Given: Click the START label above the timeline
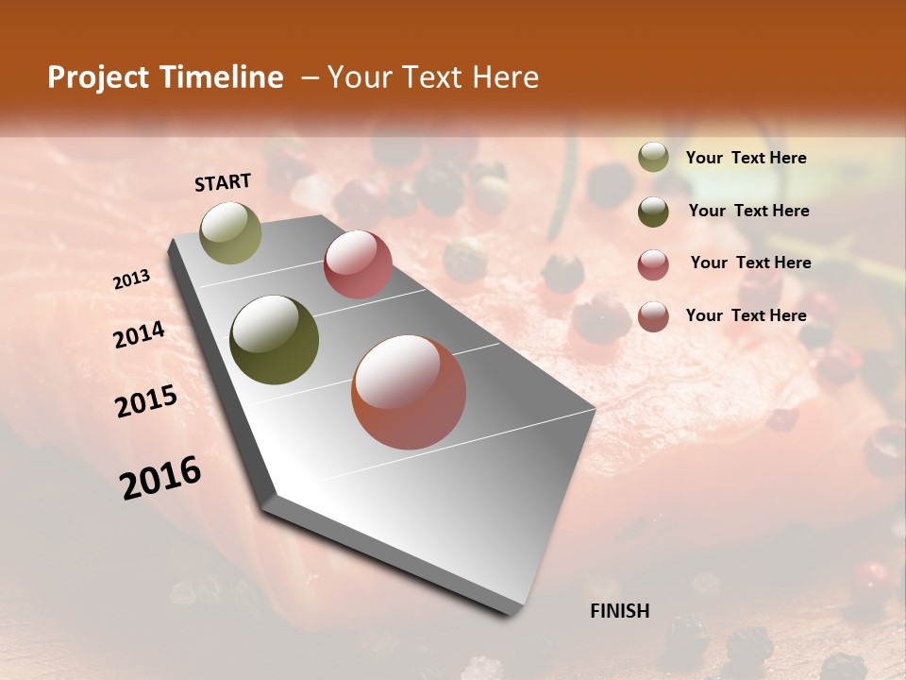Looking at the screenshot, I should pyautogui.click(x=223, y=181).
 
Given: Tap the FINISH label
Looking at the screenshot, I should pyautogui.click(x=619, y=611).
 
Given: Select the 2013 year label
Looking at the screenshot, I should pyautogui.click(x=131, y=280).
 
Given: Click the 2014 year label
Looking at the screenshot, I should pyautogui.click(x=139, y=334).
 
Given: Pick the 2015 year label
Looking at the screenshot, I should pyautogui.click(x=146, y=401).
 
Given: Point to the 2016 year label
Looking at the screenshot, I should pyautogui.click(x=160, y=478).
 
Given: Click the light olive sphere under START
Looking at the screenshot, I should pyautogui.click(x=230, y=232).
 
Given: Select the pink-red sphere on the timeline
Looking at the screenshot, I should pyautogui.click(x=358, y=264).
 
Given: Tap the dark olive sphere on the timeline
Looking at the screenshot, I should pyautogui.click(x=275, y=340).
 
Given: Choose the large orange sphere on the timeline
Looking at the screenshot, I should pyautogui.click(x=409, y=392).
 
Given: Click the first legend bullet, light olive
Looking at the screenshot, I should pyautogui.click(x=653, y=158).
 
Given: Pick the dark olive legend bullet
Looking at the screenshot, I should pyautogui.click(x=653, y=212).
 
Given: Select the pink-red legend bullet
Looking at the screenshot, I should pyautogui.click(x=653, y=264).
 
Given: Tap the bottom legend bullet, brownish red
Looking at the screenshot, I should pyautogui.click(x=653, y=316).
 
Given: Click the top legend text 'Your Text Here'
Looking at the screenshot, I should pyautogui.click(x=746, y=158).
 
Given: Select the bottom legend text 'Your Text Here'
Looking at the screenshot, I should pyautogui.click(x=746, y=315).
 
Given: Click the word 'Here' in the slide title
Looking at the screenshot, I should pyautogui.click(x=507, y=77).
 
